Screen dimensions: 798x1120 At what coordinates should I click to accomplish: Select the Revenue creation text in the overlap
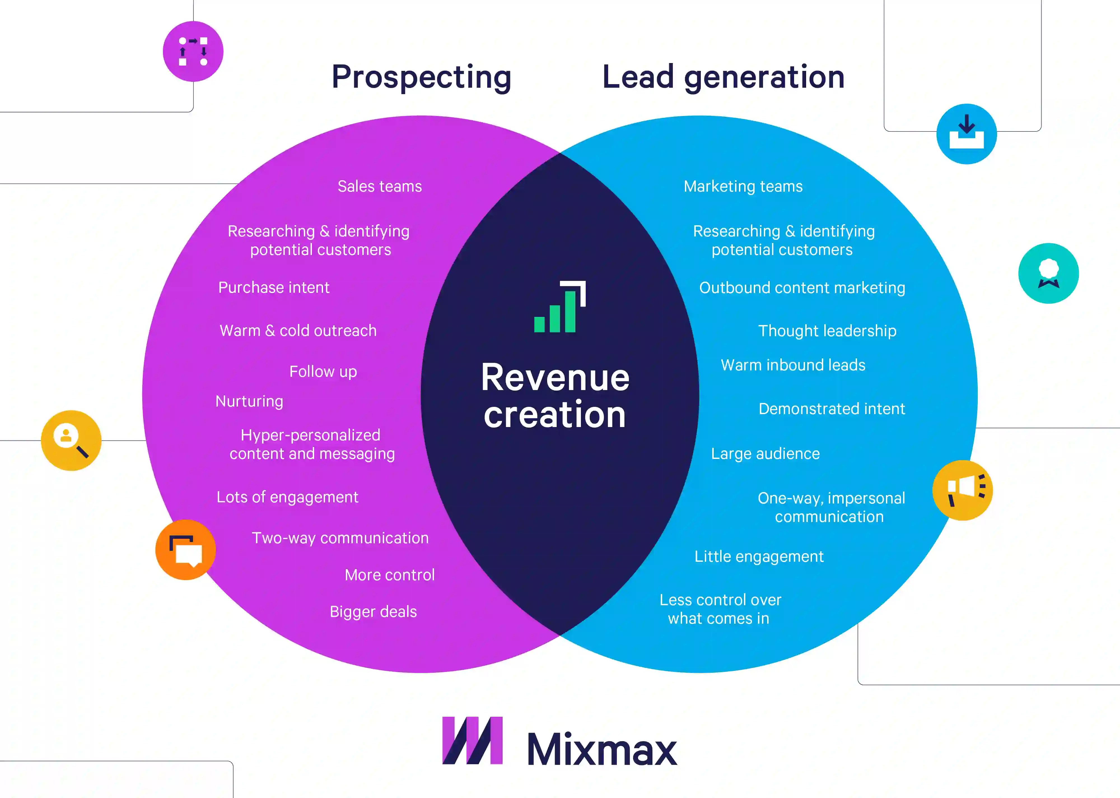click(x=555, y=396)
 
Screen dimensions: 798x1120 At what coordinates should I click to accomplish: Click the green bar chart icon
click(x=560, y=307)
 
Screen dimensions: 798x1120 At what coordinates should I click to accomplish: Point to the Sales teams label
click(x=380, y=187)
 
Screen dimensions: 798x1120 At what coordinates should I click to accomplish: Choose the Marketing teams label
click(x=743, y=187)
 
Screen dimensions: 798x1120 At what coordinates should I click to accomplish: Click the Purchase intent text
click(x=274, y=287)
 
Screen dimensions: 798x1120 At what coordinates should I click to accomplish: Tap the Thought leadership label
click(x=827, y=331)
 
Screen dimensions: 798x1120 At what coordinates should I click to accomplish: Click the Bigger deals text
click(x=373, y=612)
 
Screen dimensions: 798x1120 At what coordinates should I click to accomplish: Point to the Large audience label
click(x=765, y=454)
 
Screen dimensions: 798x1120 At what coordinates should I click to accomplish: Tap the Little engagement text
click(x=759, y=557)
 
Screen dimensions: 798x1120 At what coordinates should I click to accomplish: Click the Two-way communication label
click(x=340, y=538)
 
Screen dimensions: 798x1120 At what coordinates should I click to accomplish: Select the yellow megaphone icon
click(x=962, y=490)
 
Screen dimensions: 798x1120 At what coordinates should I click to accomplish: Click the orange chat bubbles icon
click(x=186, y=550)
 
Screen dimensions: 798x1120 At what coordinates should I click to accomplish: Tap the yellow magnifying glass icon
click(x=71, y=440)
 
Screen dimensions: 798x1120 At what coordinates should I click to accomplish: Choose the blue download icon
click(x=966, y=134)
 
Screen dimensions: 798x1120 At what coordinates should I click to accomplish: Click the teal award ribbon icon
click(x=1048, y=273)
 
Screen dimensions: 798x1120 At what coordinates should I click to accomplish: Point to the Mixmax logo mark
click(x=472, y=741)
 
